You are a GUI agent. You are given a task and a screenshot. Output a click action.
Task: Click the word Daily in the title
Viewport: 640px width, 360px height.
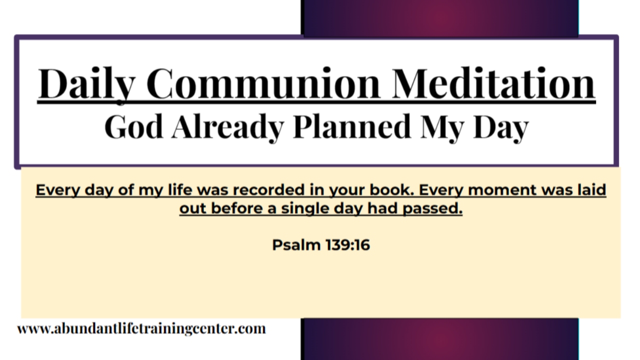[x=86, y=83]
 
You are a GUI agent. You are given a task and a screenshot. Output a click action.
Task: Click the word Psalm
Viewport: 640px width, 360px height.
[x=296, y=245]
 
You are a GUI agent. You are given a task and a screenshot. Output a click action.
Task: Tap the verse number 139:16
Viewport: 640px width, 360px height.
[x=347, y=245]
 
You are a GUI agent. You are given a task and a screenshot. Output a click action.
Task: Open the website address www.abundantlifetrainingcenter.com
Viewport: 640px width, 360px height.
[x=141, y=328]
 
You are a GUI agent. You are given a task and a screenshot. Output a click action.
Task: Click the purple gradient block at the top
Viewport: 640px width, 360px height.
[x=440, y=18]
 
